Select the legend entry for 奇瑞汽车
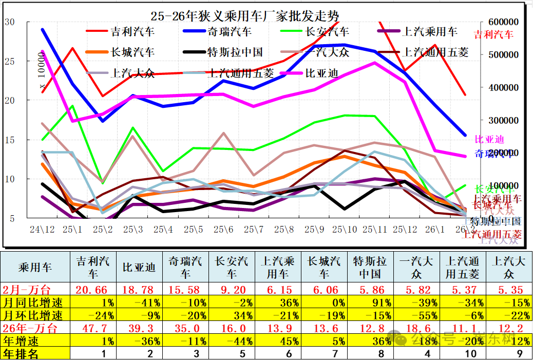coord(229,32)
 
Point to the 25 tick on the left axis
coord(10,61)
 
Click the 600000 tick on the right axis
coord(498,22)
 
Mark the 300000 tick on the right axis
coord(498,120)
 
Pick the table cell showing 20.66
coord(93,290)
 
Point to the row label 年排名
coord(22,353)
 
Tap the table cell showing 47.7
coord(93,328)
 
